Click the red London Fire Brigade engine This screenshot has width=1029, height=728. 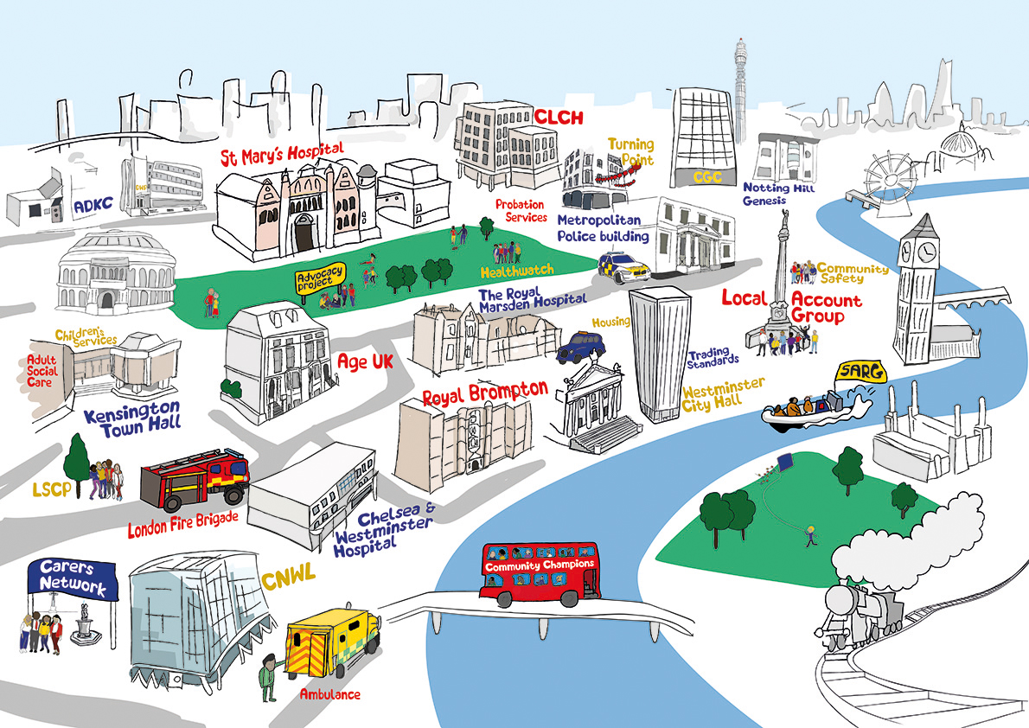195,481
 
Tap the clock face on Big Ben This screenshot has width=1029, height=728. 926,252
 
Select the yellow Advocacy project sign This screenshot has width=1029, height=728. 320,278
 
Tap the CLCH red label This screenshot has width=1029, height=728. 559,117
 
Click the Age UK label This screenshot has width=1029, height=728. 365,361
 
